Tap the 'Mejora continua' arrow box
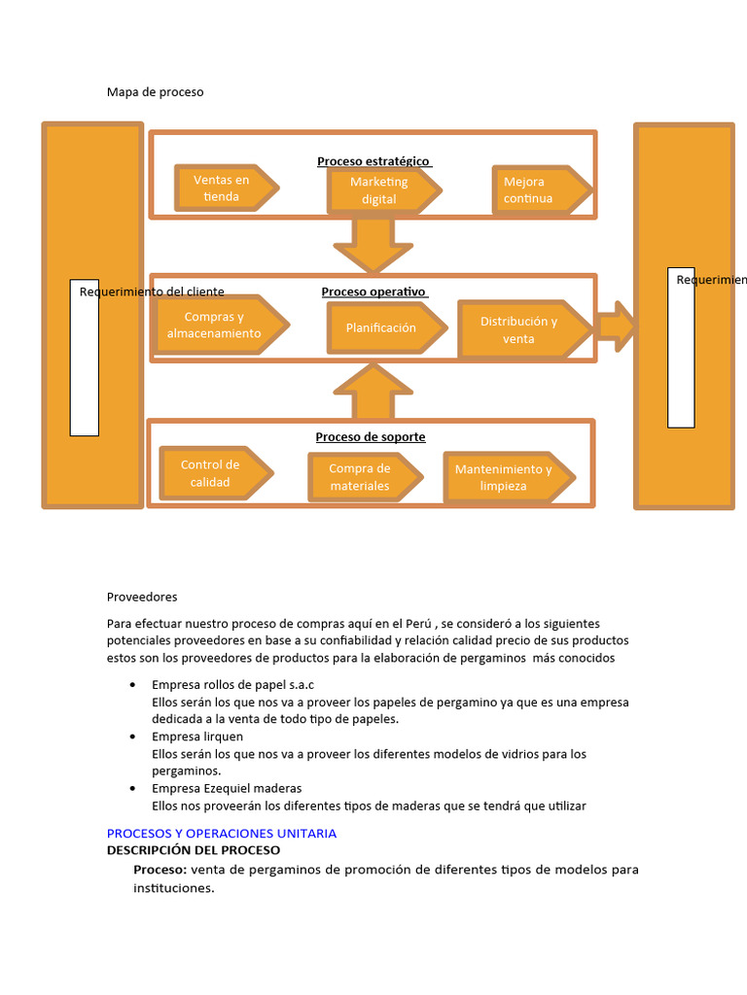click(541, 189)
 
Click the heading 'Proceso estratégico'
click(373, 160)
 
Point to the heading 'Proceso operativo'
click(373, 292)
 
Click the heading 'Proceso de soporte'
click(371, 437)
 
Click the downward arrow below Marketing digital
click(373, 247)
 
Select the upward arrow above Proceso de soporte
click(373, 390)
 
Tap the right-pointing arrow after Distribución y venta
click(615, 326)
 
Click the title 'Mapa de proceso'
click(155, 92)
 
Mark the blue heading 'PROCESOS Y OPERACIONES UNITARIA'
click(221, 833)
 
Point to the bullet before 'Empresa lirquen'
click(132, 737)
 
